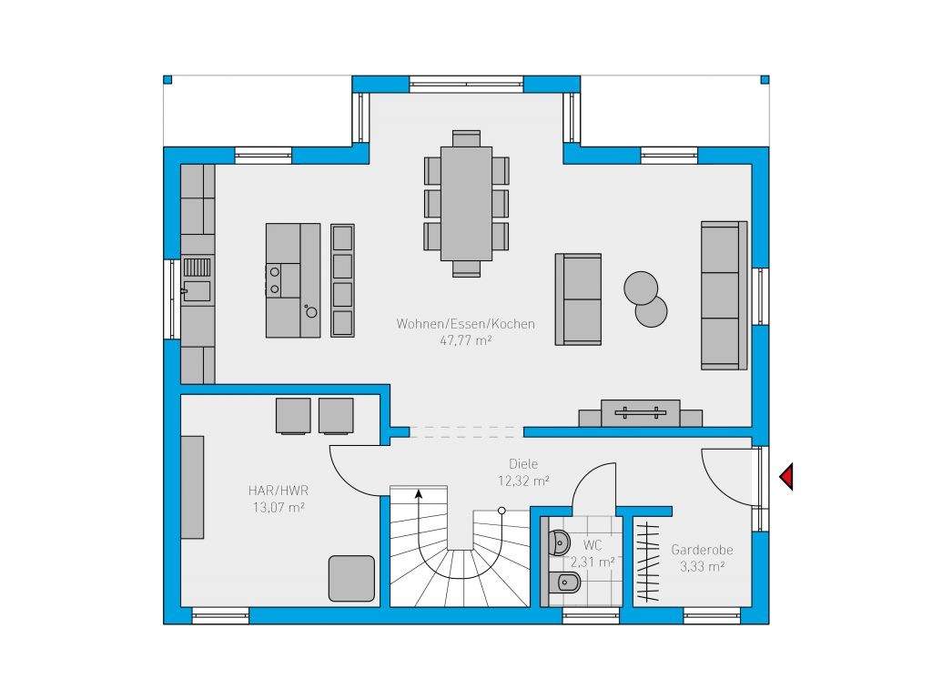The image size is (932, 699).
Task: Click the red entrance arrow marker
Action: click(x=787, y=477)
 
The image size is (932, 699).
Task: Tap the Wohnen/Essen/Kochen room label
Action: click(x=465, y=324)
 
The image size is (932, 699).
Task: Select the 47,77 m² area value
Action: click(x=465, y=340)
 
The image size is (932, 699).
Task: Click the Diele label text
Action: click(x=523, y=463)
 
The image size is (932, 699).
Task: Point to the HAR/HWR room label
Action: click(x=279, y=491)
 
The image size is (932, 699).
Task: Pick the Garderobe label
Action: click(x=702, y=550)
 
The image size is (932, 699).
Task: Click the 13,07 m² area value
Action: click(x=279, y=508)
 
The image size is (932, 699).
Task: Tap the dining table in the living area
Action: click(x=466, y=203)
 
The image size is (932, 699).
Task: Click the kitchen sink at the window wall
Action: click(x=197, y=280)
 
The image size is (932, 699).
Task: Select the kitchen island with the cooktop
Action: click(x=293, y=280)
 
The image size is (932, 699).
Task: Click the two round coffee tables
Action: click(x=645, y=299)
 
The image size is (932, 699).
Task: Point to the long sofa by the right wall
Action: click(x=724, y=296)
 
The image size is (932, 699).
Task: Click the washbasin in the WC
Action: click(x=560, y=542)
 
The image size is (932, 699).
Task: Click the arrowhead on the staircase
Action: click(x=419, y=493)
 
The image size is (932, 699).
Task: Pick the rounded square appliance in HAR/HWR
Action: click(x=352, y=578)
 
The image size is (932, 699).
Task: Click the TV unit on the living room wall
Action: click(x=640, y=413)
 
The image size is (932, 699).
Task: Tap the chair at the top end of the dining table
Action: click(x=466, y=138)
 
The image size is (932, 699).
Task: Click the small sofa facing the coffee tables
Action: click(x=578, y=299)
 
